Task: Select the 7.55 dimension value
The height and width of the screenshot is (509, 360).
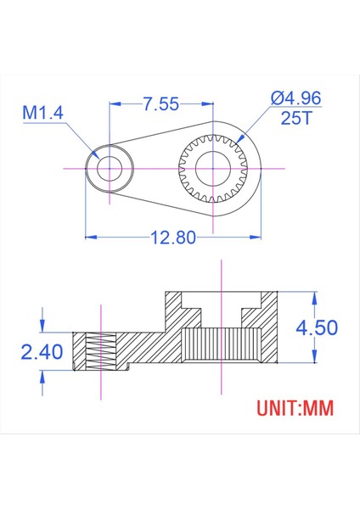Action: tap(161, 104)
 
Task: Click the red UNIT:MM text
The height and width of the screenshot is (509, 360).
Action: tap(295, 408)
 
